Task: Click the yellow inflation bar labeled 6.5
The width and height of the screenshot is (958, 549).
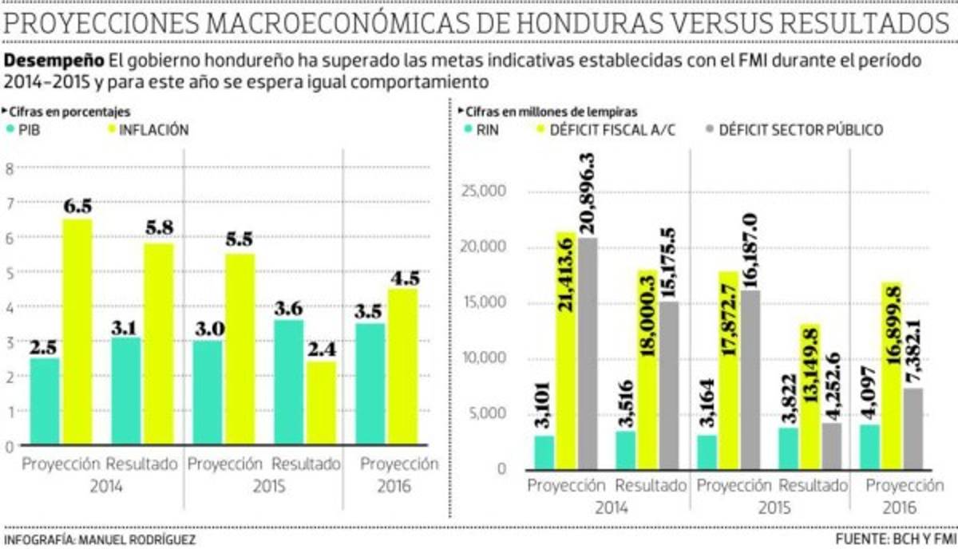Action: point(77,331)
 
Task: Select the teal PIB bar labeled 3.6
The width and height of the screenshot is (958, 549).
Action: point(288,383)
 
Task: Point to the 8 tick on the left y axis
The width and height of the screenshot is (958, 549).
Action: point(10,168)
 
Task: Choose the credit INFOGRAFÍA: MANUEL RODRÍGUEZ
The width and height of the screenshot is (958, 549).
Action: point(100,540)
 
